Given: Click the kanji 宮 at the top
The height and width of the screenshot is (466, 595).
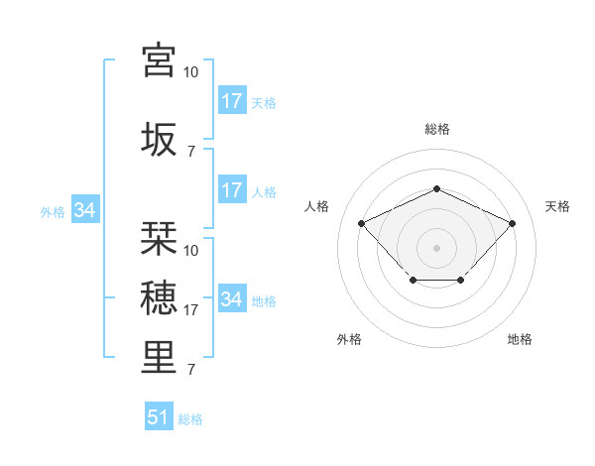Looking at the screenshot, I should [160, 59].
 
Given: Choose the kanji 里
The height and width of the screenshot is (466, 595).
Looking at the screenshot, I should [160, 357].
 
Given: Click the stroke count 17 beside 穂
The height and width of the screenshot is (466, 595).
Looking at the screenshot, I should [191, 310].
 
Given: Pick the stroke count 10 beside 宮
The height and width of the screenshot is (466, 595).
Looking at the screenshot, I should [190, 72].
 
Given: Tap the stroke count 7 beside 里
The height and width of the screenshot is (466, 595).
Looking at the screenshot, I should [190, 370].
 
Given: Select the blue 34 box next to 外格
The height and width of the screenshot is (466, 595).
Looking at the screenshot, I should [84, 210].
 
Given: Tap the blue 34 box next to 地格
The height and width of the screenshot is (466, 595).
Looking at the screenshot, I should [232, 299].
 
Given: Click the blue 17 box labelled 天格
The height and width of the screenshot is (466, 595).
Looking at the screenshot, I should [232, 101].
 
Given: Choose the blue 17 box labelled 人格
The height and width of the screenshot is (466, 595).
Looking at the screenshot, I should [232, 190].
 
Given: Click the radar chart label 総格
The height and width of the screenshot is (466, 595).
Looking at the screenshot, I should [437, 129].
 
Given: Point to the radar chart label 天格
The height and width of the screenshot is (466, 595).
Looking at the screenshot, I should [557, 206].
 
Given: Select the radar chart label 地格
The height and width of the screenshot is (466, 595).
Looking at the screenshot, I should [520, 339].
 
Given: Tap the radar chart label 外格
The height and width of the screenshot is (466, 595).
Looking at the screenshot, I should [349, 339].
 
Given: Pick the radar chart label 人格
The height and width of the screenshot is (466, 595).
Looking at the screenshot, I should [317, 206].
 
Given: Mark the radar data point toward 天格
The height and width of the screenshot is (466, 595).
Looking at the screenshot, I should [512, 223].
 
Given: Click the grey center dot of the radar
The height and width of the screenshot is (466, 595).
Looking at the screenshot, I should [436, 247].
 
